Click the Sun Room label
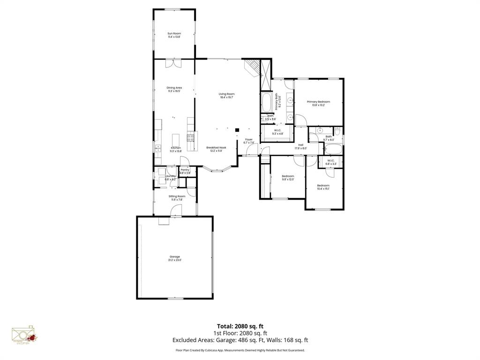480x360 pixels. click(174, 33)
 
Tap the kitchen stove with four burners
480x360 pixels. click(191, 137)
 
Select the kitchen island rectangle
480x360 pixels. click(176, 140)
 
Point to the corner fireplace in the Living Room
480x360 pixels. click(253, 68)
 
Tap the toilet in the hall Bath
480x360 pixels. click(337, 131)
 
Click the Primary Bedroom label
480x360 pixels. click(318, 102)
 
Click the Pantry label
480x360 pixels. click(185, 170)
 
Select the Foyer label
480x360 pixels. click(248, 139)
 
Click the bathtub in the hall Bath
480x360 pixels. click(333, 150)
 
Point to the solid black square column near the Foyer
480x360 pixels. click(237, 130)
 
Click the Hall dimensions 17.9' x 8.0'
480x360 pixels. click(300, 148)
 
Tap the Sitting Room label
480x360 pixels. click(177, 196)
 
